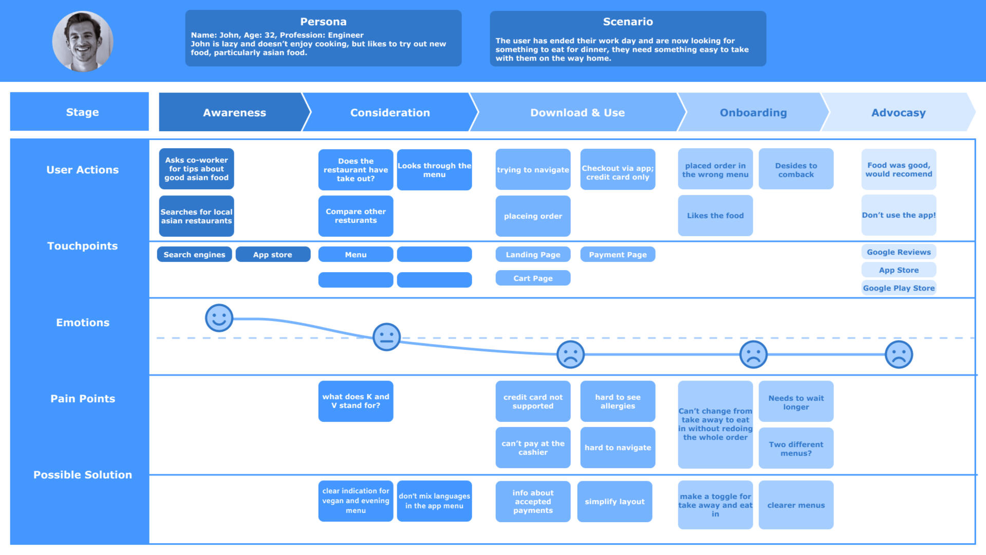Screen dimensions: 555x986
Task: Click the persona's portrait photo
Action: tap(83, 41)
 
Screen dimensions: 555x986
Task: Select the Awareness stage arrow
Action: tap(234, 113)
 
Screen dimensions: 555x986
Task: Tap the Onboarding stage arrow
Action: tap(753, 113)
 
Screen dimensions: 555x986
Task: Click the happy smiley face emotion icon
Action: tap(219, 318)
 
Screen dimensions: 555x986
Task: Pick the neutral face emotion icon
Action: tap(386, 337)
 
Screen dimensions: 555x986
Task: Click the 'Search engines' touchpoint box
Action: tap(194, 255)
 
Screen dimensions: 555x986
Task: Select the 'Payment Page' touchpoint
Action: tap(618, 255)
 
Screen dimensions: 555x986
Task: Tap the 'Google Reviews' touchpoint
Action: tap(899, 252)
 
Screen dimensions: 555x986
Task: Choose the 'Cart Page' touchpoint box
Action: tap(533, 278)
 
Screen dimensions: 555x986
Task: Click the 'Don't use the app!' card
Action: tap(899, 215)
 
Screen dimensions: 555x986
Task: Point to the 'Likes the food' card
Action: tap(715, 216)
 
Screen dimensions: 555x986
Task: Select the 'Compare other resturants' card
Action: tap(356, 216)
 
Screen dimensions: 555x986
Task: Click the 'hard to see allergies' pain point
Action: tap(618, 401)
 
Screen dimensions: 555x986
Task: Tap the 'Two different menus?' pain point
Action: tap(796, 449)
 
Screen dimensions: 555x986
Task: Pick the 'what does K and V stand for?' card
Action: tap(356, 401)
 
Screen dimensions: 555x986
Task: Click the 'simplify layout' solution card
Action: tap(615, 502)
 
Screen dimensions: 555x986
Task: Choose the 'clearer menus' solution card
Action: tap(796, 505)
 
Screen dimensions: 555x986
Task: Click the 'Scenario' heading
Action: tap(628, 22)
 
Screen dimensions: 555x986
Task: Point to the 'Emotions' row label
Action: tap(83, 323)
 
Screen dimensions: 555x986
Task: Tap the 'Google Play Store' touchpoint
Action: tap(899, 288)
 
